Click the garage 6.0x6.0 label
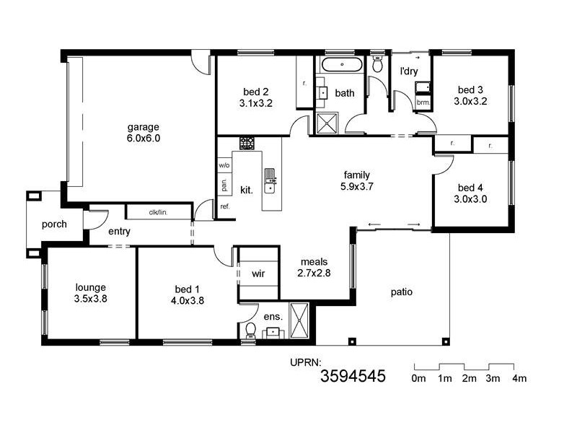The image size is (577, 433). (x=144, y=132)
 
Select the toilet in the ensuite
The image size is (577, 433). (x=250, y=330)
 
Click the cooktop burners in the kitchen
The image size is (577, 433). (x=247, y=143)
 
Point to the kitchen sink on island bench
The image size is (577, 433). (x=270, y=180)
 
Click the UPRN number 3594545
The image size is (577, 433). (x=353, y=375)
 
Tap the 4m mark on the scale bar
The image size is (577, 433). (x=519, y=379)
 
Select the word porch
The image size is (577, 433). (x=54, y=224)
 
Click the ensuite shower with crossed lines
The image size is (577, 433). (x=299, y=320)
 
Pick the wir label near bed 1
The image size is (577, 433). (x=258, y=274)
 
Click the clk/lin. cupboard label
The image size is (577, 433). (x=158, y=212)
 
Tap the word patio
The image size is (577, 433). (x=402, y=292)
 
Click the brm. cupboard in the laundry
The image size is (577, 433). (x=423, y=103)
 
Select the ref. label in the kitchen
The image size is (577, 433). (x=224, y=206)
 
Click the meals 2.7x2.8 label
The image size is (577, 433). (x=314, y=267)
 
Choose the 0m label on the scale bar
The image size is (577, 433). (x=418, y=379)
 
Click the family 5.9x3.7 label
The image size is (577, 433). (x=356, y=180)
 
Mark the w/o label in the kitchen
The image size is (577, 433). (x=224, y=165)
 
